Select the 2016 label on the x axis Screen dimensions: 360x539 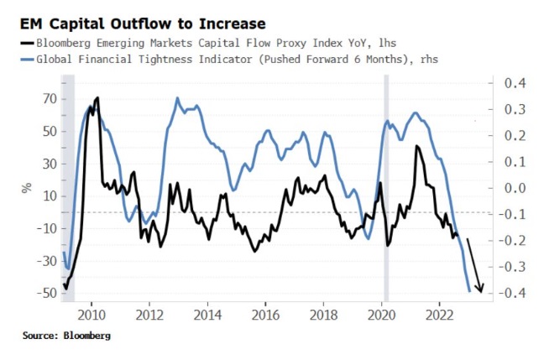click(265, 315)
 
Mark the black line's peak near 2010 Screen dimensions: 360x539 click(97, 98)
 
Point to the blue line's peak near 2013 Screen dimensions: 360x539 click(177, 98)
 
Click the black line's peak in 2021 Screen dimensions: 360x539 click(416, 147)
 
